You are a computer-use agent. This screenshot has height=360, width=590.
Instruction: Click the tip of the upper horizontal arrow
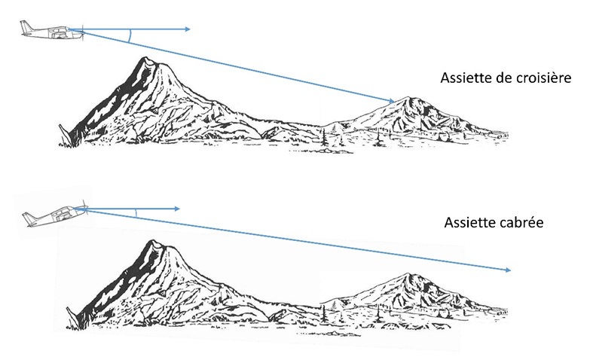(x=189, y=29)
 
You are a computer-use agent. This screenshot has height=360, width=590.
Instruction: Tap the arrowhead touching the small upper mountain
(x=393, y=100)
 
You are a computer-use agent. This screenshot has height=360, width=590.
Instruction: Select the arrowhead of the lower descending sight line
(x=510, y=270)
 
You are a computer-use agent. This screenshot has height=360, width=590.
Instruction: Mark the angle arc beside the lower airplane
(x=136, y=212)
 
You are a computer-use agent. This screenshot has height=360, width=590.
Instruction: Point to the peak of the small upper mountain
(x=411, y=98)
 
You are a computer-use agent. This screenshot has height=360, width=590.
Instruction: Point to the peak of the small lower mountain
(x=407, y=275)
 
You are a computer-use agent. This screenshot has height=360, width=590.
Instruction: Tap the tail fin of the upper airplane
(x=25, y=27)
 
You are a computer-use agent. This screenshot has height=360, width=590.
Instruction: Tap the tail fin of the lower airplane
(x=28, y=218)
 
